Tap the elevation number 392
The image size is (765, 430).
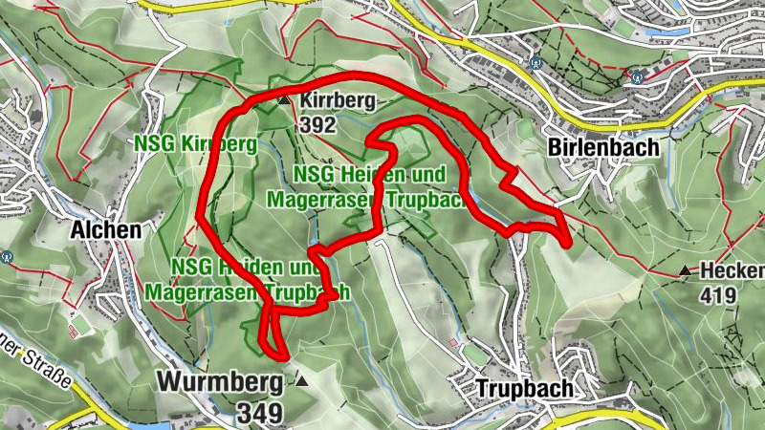[x=316, y=124]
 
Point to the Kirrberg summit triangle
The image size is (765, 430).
[x=283, y=100]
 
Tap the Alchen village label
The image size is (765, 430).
[x=105, y=229]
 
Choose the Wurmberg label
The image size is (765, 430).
[x=220, y=382]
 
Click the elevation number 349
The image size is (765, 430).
[x=263, y=413]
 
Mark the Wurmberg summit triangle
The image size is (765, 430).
[x=302, y=382]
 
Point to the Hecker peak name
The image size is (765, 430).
[x=732, y=270]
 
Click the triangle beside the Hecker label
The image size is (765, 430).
[x=685, y=271]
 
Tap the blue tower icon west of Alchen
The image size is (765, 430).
[x=7, y=256]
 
